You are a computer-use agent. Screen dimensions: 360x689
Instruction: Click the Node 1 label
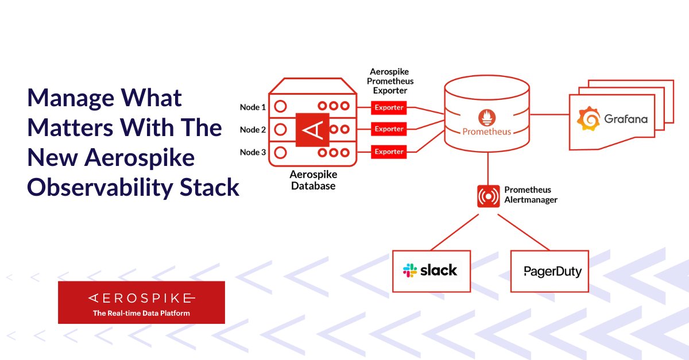(253, 107)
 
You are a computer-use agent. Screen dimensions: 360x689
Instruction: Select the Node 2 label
(253, 130)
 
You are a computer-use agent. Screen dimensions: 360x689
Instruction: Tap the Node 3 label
(253, 152)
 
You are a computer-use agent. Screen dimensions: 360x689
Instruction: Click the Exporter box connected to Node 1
(389, 107)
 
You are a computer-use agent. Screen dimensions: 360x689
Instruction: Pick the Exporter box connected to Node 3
(389, 152)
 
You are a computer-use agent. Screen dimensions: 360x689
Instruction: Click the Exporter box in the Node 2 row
(389, 129)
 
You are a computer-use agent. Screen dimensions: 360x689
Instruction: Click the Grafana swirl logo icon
(589, 119)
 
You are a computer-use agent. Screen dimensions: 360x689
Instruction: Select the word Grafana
(625, 119)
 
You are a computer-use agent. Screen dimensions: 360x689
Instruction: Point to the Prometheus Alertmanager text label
(531, 195)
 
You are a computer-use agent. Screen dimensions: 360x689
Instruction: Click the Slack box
(431, 270)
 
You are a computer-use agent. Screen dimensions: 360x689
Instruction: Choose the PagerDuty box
(549, 271)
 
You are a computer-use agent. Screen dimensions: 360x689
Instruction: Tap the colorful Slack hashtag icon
(411, 270)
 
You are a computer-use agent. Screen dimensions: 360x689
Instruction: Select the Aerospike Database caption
(313, 180)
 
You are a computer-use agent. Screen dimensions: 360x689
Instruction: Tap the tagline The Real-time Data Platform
(141, 313)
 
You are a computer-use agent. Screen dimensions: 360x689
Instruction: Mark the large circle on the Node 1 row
(280, 106)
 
